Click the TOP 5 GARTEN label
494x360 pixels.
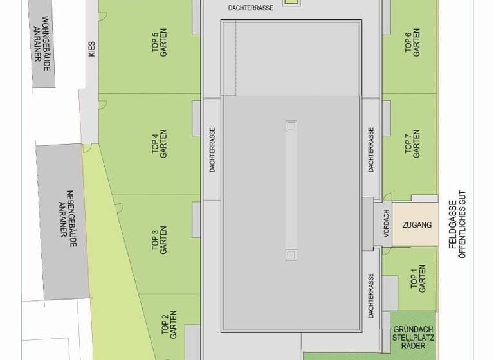click(159, 44)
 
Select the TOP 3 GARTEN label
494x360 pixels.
click(159, 239)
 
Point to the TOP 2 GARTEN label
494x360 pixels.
click(169, 324)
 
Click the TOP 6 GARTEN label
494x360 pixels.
click(412, 42)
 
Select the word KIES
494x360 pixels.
click(91, 49)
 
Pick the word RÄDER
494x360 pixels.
click(412, 346)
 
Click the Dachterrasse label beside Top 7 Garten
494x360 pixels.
click(371, 148)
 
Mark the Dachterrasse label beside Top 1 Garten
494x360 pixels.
click(371, 296)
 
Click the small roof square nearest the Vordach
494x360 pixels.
click(291, 255)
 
